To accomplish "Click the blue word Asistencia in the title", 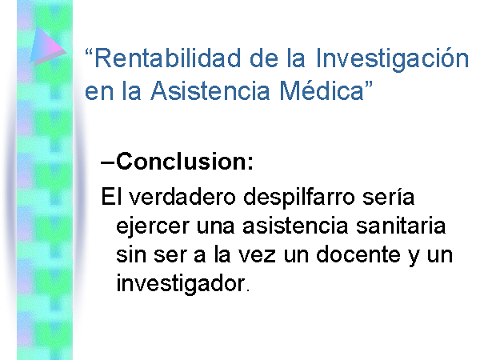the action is pyautogui.click(x=210, y=90).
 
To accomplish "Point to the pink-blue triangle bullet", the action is pyautogui.click(x=47, y=46).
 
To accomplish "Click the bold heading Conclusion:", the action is pyautogui.click(x=185, y=161).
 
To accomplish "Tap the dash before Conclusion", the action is pyautogui.click(x=108, y=163).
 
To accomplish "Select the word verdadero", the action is pyautogui.click(x=182, y=197).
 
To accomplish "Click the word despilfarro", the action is pyautogui.click(x=298, y=198).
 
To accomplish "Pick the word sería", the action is pyautogui.click(x=388, y=197).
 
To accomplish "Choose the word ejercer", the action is pyautogui.click(x=153, y=227).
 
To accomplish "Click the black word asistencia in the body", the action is pyautogui.click(x=295, y=226).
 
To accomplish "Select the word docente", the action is pyautogui.click(x=358, y=254).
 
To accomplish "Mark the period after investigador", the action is pyautogui.click(x=248, y=290).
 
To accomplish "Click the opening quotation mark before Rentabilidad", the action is pyautogui.click(x=90, y=52).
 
